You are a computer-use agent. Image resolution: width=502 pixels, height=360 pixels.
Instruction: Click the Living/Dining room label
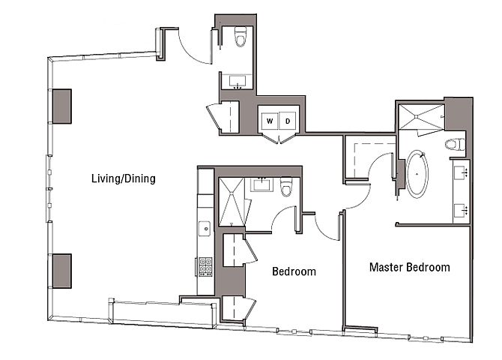pos(123,178)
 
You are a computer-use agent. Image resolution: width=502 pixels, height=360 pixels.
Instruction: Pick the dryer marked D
pos(288,119)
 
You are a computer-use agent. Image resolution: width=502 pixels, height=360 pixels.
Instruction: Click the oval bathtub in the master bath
pos(417,175)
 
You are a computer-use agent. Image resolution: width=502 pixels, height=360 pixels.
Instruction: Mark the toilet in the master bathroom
pos(452,145)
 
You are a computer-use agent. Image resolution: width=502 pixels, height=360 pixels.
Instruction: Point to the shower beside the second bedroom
pos(232,200)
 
